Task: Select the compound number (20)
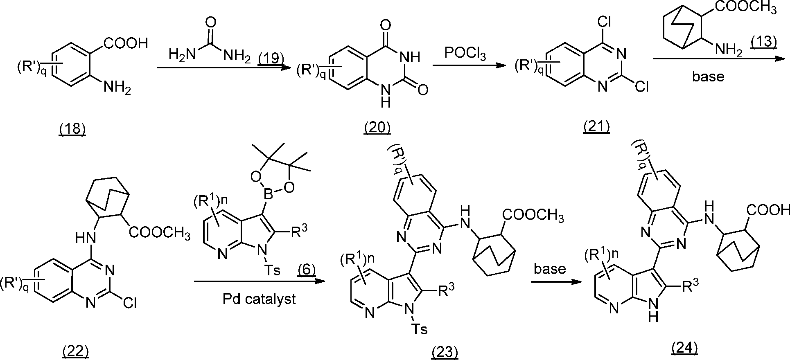(377, 128)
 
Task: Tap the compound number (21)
(596, 127)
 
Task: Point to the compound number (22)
(75, 350)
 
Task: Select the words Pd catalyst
(259, 299)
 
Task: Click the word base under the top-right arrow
(708, 76)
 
